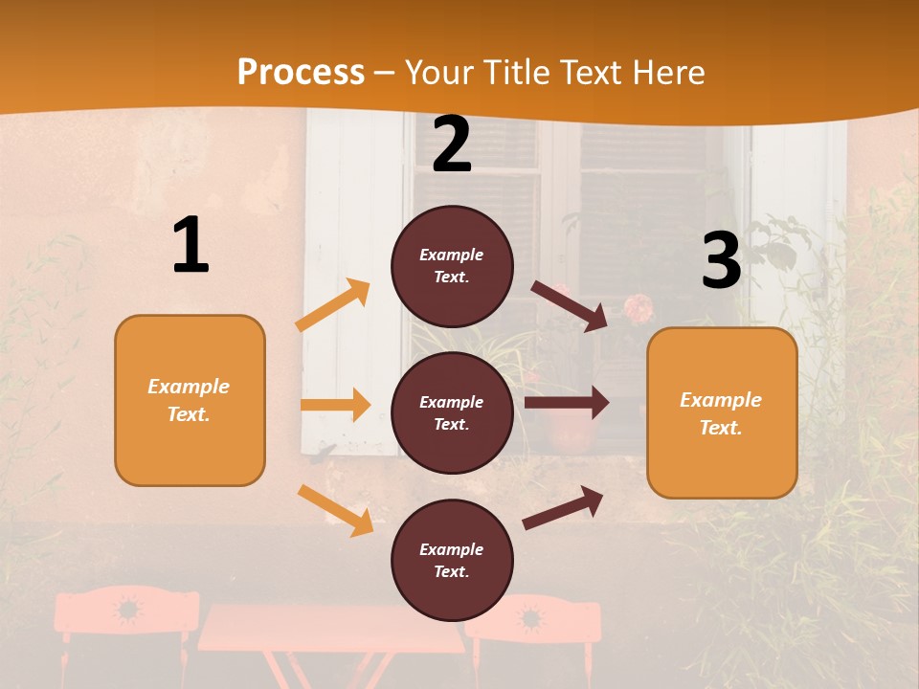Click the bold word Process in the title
point(301,73)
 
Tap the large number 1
point(191,246)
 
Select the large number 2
point(452,144)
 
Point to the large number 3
point(721,261)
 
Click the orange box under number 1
point(190,400)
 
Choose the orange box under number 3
point(722,412)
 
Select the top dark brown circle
point(452,266)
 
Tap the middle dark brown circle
point(452,412)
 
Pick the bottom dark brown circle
point(452,560)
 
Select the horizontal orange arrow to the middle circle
point(335,405)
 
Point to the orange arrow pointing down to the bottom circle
point(336,510)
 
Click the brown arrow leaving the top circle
point(570,305)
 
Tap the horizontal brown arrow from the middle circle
point(566,403)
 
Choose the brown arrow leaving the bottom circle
point(563,508)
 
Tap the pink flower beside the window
point(639,308)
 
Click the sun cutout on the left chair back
point(126,609)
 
